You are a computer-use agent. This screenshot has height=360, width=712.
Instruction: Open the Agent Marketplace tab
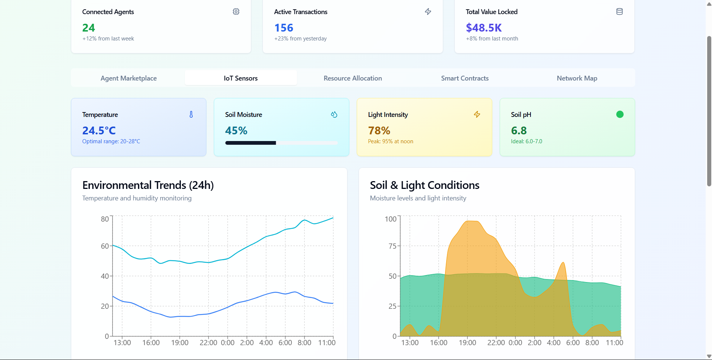[128, 78]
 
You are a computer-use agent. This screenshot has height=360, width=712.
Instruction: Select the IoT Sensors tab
[241, 78]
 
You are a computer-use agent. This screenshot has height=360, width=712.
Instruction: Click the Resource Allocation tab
[353, 78]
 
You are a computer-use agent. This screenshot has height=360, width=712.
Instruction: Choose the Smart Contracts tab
[465, 78]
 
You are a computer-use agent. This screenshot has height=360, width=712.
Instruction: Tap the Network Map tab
[577, 78]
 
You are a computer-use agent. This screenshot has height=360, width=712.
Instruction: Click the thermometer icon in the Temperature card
[191, 114]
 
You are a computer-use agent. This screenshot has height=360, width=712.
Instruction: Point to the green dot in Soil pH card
[620, 114]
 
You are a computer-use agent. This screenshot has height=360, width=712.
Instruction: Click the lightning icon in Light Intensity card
[477, 114]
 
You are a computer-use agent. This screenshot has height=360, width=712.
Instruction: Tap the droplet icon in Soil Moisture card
[334, 114]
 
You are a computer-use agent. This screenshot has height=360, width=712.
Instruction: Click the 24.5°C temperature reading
[99, 131]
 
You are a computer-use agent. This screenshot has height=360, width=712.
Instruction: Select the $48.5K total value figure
[484, 28]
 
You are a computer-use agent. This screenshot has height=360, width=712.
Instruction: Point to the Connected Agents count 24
[89, 28]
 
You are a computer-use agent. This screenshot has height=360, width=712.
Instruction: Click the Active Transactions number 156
[284, 28]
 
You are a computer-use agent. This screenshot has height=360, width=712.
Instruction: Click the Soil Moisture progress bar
[281, 143]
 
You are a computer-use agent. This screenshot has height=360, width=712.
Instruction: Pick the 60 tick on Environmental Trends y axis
[105, 246]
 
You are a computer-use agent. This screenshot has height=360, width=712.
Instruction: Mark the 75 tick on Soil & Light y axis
[393, 246]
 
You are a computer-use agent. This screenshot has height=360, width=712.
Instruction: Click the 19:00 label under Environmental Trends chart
[180, 343]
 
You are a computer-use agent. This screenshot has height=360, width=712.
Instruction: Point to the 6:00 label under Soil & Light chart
[573, 343]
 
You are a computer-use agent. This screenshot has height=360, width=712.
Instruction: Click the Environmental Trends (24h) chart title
[148, 185]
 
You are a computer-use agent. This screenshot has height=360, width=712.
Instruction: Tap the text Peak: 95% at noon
[391, 141]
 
